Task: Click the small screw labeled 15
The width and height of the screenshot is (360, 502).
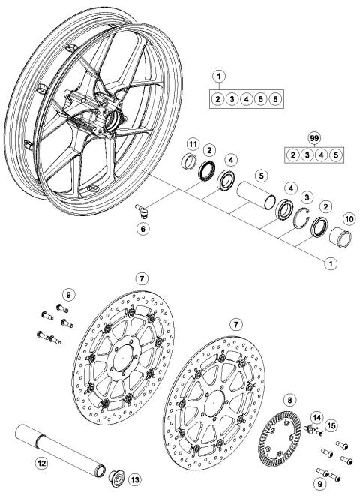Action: pyautogui.click(x=320, y=433)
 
